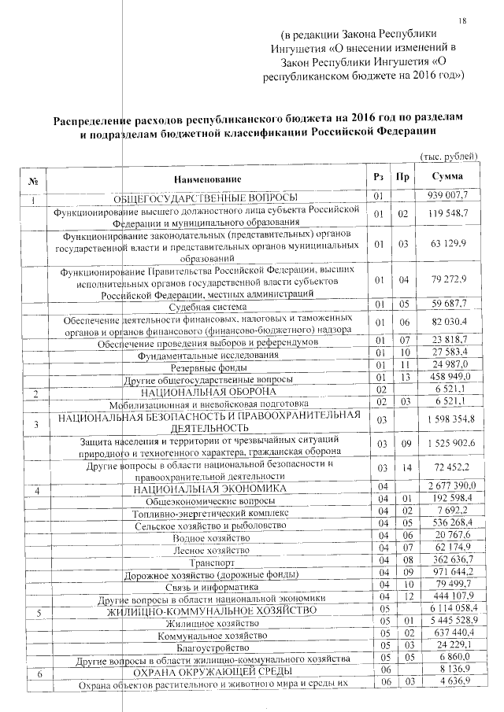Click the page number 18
point(462,20)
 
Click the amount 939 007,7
point(447,195)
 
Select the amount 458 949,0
point(447,379)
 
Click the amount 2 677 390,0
point(446,489)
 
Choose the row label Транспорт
point(210,563)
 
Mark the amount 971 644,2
point(447,574)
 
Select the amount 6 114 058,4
point(446,611)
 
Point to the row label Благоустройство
point(210,646)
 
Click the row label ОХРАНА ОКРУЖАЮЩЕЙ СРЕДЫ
point(209,670)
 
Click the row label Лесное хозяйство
point(210,550)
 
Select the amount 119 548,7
point(447,214)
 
